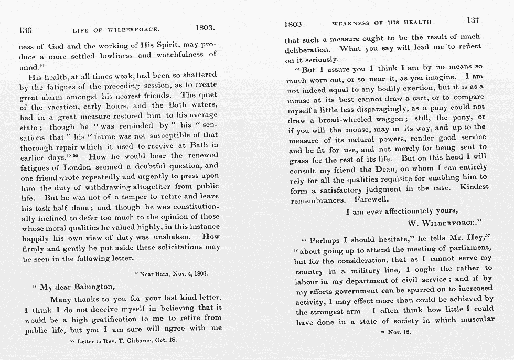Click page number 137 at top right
[473, 20]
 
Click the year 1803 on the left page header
[205, 27]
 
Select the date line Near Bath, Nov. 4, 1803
[172, 273]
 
